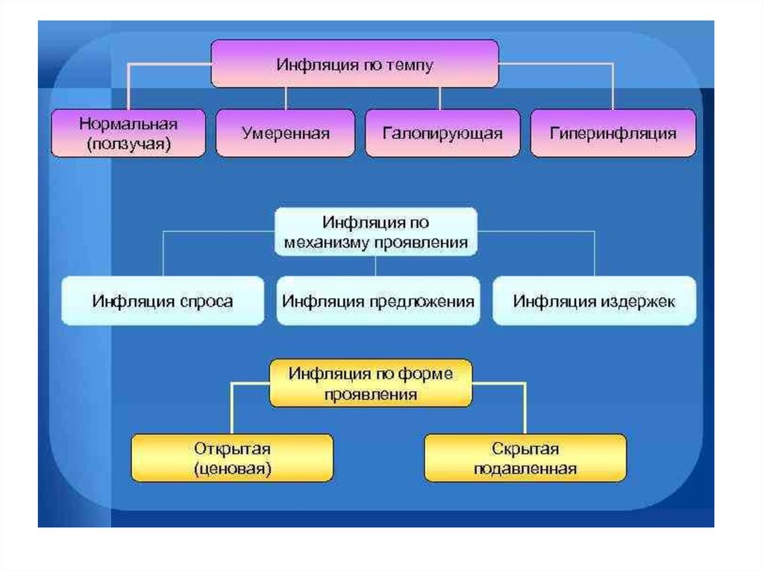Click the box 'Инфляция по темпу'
[x=354, y=64]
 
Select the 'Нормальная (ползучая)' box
[x=128, y=133]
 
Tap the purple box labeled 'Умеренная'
[x=285, y=133]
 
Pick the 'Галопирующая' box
[x=442, y=133]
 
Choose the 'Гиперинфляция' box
[x=613, y=133]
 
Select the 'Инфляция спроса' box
[x=162, y=301]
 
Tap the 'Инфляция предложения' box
[x=378, y=301]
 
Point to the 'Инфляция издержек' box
[x=594, y=301]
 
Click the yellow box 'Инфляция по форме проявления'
[x=371, y=383]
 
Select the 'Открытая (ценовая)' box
[x=232, y=459]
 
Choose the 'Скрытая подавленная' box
[x=525, y=459]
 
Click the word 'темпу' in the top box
[x=410, y=65]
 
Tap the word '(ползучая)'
[x=128, y=144]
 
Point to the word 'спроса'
[x=206, y=301]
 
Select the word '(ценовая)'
[x=232, y=469]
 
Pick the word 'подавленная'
[x=525, y=469]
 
